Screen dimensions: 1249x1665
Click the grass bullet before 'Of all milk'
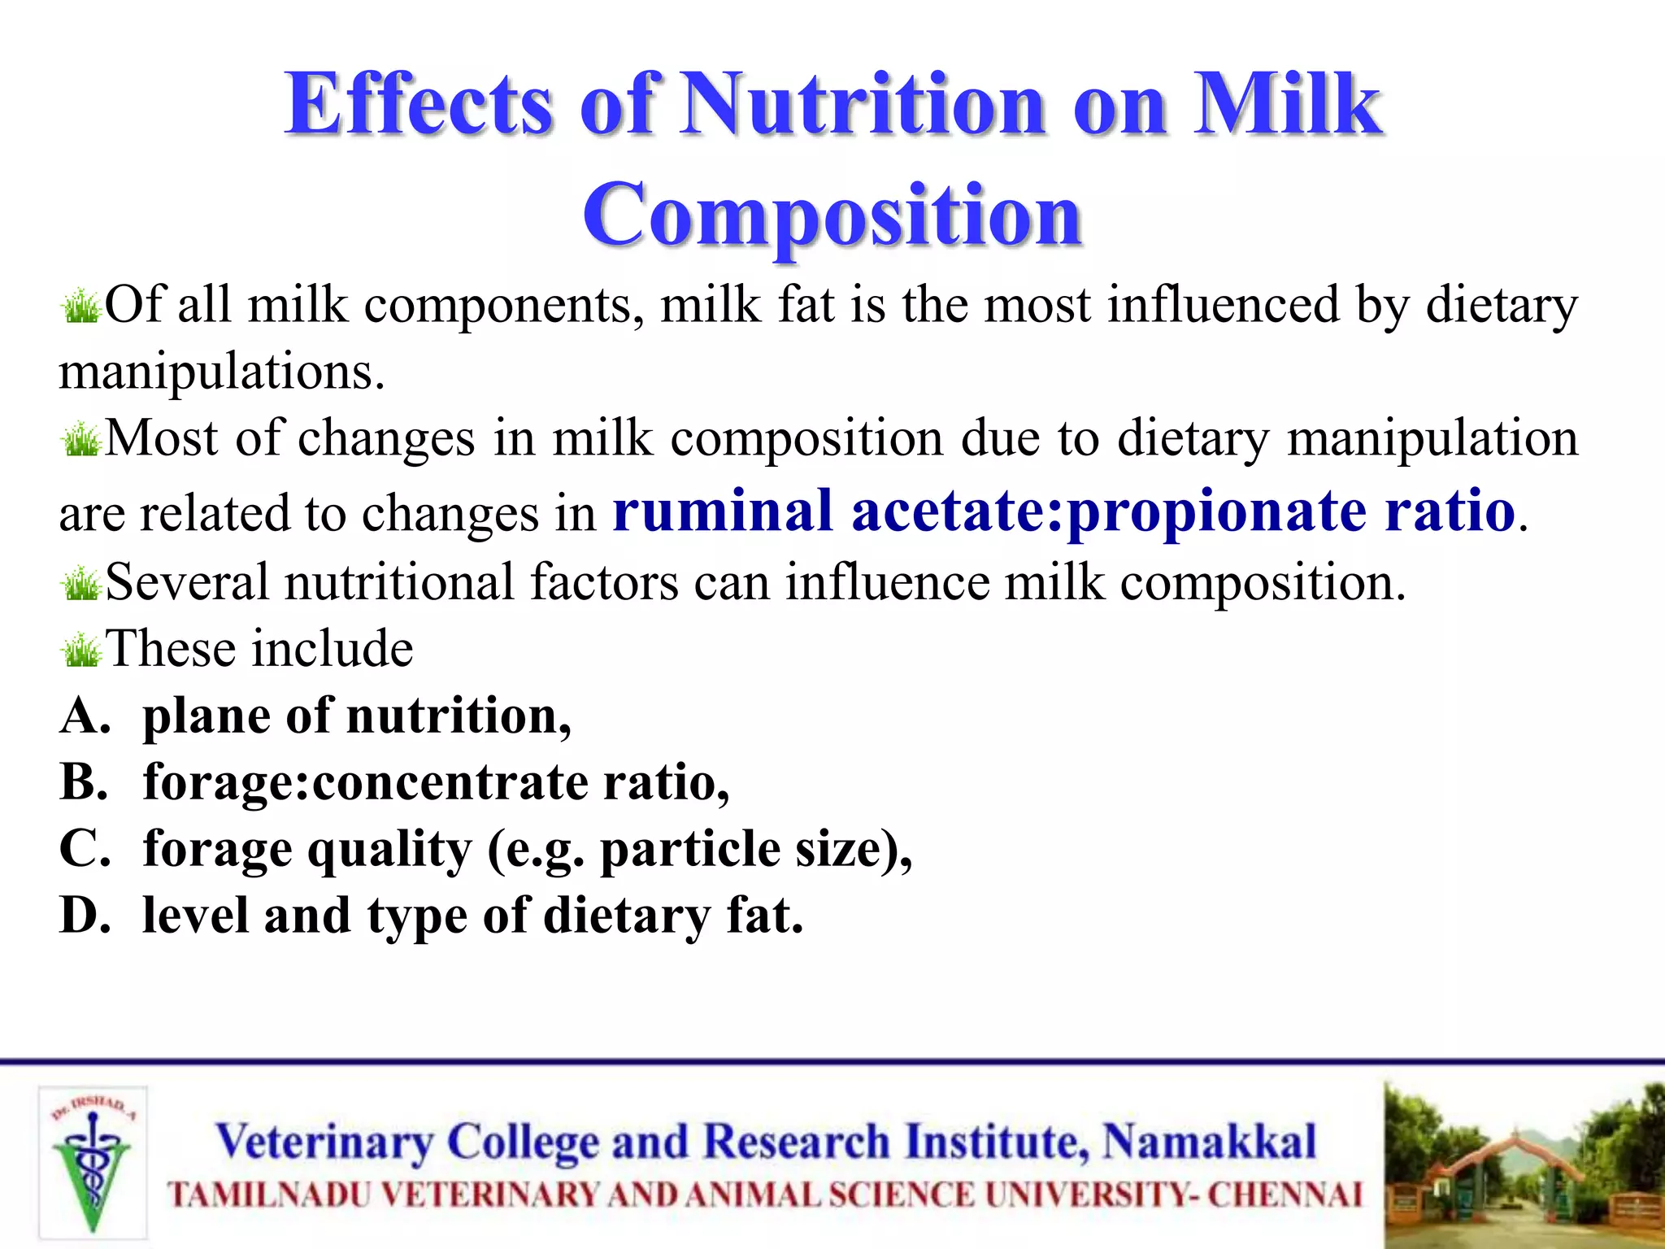(x=81, y=307)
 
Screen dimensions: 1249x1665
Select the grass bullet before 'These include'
(x=81, y=651)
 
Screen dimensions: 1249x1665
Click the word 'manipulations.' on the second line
(x=221, y=372)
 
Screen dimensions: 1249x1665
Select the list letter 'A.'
(x=85, y=716)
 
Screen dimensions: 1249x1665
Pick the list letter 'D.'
(x=85, y=916)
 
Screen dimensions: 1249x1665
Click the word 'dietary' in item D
(x=627, y=916)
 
